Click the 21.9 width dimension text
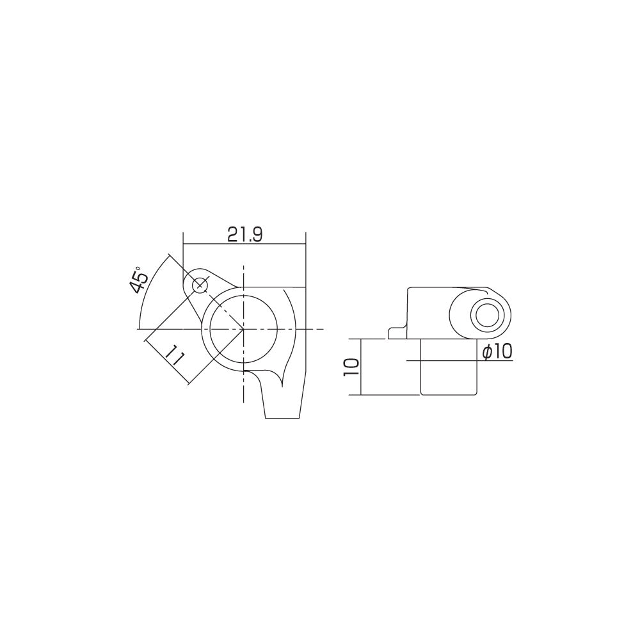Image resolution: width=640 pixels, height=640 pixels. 244,235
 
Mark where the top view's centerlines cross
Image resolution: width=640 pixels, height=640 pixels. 244,329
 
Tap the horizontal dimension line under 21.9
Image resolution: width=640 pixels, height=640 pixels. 243,243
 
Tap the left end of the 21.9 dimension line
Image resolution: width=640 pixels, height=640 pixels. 184,243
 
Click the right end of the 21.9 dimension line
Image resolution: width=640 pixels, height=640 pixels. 305,243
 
